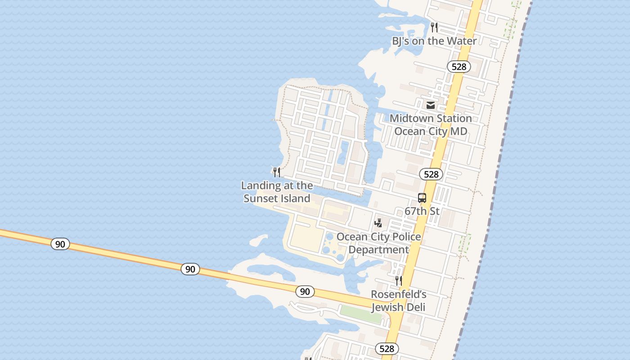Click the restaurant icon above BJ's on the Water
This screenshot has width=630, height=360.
434,27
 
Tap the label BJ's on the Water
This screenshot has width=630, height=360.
434,41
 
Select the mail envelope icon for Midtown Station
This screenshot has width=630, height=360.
431,105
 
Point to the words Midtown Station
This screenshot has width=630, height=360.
431,118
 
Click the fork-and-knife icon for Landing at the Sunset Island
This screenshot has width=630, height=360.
277,172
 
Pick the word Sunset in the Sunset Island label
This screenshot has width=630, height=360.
261,198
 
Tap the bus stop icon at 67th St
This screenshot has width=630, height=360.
422,198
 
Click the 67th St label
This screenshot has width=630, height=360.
422,211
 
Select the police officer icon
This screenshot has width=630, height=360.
378,223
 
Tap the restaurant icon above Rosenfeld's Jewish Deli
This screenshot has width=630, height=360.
398,281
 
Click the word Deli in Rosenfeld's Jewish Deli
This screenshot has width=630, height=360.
414,308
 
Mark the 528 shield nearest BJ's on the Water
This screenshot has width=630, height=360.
459,67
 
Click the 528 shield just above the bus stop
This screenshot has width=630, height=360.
431,174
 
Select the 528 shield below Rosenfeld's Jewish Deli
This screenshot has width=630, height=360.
387,349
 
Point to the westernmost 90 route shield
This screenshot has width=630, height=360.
60,244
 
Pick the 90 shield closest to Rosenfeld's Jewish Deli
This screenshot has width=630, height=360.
305,292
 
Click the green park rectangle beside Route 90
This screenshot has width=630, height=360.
360,314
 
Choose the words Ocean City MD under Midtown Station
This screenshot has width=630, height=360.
431,131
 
